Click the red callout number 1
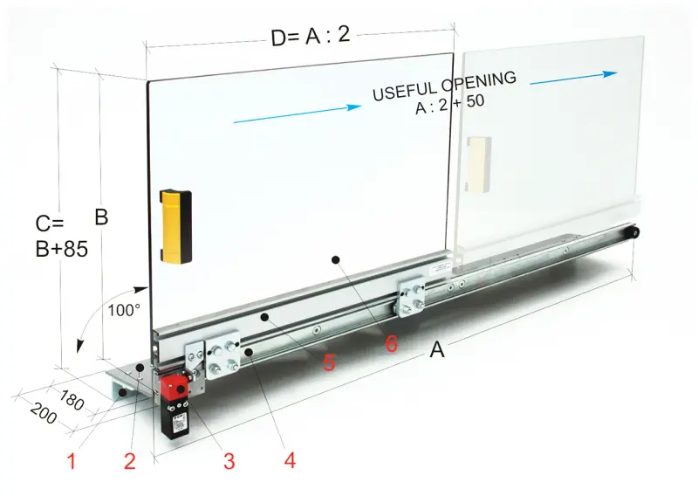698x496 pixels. tap(72, 461)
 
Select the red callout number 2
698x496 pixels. tap(129, 461)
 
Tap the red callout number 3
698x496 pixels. tap(229, 461)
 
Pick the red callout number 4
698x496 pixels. tap(290, 460)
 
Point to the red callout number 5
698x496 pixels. tap(329, 362)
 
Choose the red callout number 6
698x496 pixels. tap(391, 343)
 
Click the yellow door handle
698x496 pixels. tap(175, 227)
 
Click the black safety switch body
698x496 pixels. tap(175, 420)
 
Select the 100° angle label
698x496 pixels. tap(124, 310)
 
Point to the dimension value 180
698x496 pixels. tap(72, 400)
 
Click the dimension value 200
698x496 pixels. tap(44, 413)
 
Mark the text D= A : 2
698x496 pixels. tap(311, 36)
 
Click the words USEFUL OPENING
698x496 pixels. tap(444, 86)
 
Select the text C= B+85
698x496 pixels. tap(61, 237)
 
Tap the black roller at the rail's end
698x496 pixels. tap(633, 233)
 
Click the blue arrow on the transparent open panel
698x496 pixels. tap(574, 78)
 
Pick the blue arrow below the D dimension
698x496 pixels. tap(298, 114)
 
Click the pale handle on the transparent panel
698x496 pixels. tap(479, 164)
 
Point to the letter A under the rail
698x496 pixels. tap(437, 349)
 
